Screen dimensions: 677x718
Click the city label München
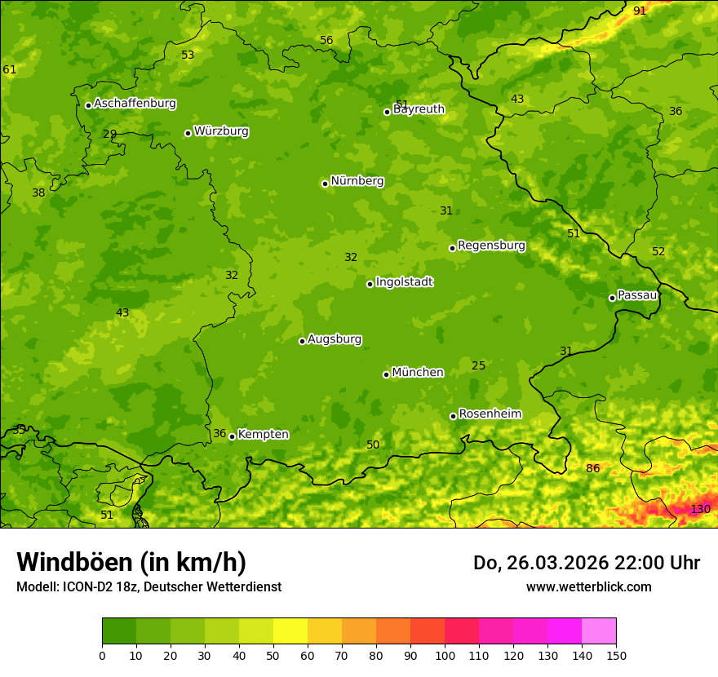pyautogui.click(x=418, y=373)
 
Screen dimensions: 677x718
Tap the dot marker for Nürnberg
pyautogui.click(x=325, y=184)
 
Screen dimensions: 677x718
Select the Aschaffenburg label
pyautogui.click(x=135, y=104)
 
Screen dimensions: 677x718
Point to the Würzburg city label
pyautogui.click(x=221, y=131)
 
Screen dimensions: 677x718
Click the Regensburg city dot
pyautogui.click(x=452, y=248)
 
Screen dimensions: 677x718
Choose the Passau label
pyautogui.click(x=637, y=295)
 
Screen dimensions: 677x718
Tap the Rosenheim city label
pyautogui.click(x=490, y=414)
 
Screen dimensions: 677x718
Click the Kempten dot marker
pyautogui.click(x=232, y=436)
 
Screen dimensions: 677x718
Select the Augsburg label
pyautogui.click(x=335, y=339)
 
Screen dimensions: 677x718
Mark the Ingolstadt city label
pyautogui.click(x=404, y=282)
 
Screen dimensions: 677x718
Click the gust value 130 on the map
pyautogui.click(x=700, y=509)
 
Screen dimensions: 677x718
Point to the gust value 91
pyautogui.click(x=640, y=11)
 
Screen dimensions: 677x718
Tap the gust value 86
pyautogui.click(x=593, y=468)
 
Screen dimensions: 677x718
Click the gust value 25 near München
pyautogui.click(x=479, y=365)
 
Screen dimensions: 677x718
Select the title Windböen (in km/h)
pyautogui.click(x=131, y=562)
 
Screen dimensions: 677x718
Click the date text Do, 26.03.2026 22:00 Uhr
pyautogui.click(x=586, y=563)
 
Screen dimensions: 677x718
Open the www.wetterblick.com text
pyautogui.click(x=588, y=586)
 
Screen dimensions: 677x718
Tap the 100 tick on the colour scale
pyautogui.click(x=445, y=654)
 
